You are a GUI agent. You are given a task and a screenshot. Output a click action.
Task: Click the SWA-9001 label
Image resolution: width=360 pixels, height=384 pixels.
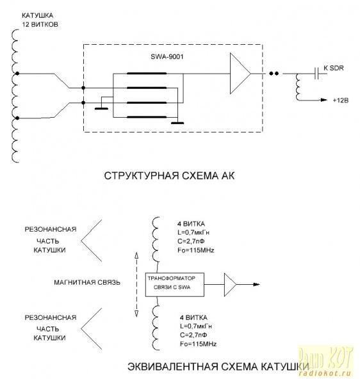167,57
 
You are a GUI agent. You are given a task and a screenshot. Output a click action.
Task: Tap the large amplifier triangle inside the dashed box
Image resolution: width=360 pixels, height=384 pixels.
240,74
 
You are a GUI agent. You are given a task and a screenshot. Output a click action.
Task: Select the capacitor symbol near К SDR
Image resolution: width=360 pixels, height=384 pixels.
316,73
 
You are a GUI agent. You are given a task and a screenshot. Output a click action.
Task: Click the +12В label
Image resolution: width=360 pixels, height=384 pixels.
340,100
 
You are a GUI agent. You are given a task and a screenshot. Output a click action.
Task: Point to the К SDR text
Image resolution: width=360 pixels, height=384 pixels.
334,68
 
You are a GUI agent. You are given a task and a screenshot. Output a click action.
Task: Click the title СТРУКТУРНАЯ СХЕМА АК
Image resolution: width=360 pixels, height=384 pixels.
169,175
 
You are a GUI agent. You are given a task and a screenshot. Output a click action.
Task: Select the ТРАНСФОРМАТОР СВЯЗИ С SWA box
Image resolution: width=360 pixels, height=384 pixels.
175,285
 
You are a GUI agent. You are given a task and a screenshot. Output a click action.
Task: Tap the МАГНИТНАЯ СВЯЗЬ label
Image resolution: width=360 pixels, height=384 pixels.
87,282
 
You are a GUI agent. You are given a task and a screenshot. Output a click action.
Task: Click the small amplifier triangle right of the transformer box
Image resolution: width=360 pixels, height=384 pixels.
230,285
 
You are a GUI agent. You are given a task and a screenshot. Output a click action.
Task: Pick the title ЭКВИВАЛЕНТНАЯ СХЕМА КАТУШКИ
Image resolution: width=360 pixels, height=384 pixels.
218,367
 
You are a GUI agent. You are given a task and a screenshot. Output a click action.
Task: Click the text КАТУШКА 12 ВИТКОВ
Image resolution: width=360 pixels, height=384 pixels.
40,20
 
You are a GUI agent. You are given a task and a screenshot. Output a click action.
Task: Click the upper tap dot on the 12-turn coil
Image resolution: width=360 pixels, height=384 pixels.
17,74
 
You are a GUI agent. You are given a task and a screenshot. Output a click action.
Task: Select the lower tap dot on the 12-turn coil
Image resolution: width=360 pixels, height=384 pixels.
17,118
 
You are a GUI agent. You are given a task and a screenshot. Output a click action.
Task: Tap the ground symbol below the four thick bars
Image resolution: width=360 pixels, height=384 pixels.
177,123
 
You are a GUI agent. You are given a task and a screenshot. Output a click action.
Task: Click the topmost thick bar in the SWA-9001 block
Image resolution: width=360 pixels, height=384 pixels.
147,73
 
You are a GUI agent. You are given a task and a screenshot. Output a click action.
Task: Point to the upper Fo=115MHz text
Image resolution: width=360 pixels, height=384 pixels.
195,250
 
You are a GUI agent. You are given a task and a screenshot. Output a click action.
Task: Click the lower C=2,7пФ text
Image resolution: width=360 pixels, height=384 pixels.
193,335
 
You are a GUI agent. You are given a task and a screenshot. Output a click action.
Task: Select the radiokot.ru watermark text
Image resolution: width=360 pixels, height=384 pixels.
325,374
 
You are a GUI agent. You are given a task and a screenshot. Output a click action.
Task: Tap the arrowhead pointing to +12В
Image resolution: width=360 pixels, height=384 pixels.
324,100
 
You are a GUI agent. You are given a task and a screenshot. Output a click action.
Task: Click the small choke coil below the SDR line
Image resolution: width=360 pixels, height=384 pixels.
298,87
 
